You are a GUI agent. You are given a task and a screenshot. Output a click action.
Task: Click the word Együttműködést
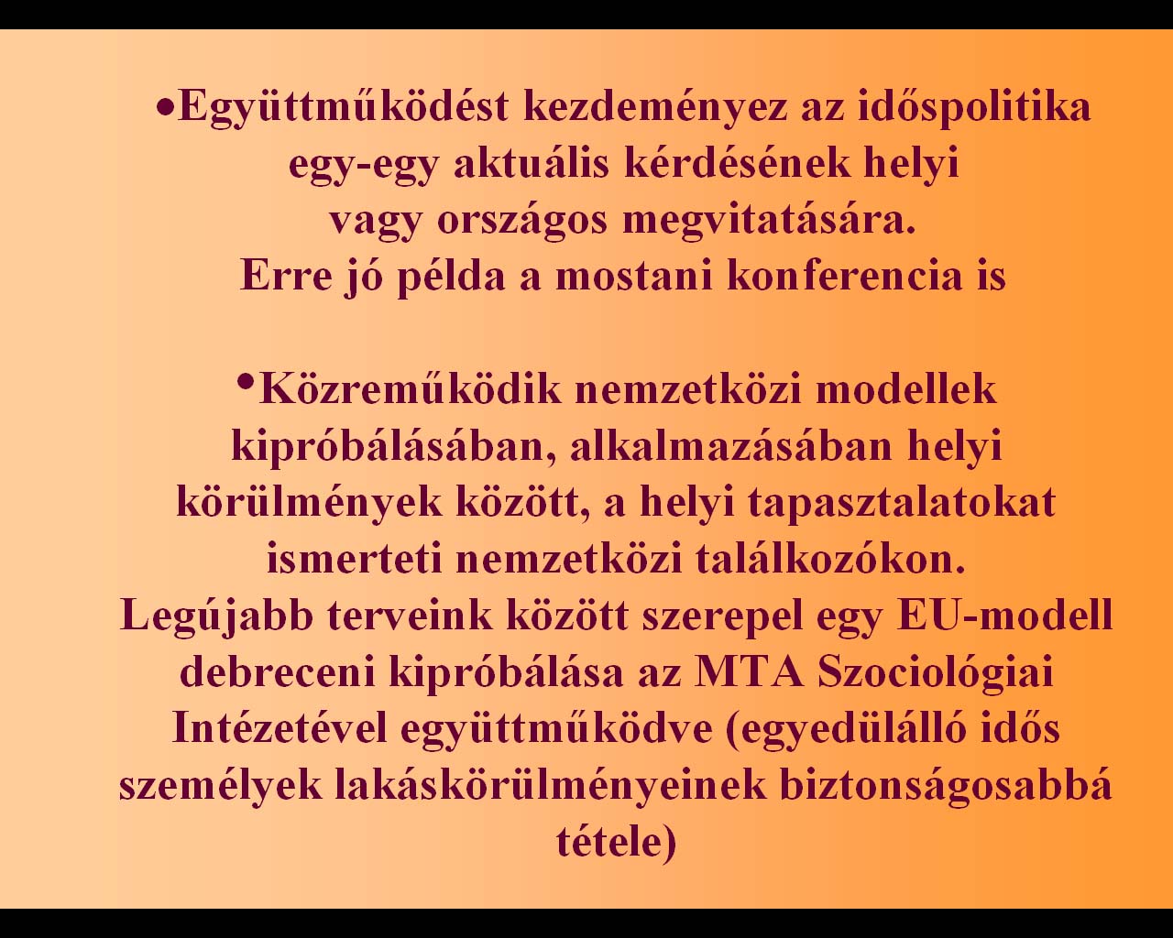pyautogui.click(x=344, y=108)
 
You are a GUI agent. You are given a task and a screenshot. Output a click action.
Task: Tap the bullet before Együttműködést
pyautogui.click(x=165, y=108)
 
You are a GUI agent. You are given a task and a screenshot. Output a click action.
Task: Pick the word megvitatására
pyautogui.click(x=769, y=223)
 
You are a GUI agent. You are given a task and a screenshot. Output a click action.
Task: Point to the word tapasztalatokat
pyautogui.click(x=902, y=504)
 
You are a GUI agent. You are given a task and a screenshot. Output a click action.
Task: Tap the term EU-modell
pyautogui.click(x=1004, y=615)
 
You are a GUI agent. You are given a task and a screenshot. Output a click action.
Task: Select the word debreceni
pyautogui.click(x=278, y=671)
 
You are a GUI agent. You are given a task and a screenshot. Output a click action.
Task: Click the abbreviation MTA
pyautogui.click(x=750, y=671)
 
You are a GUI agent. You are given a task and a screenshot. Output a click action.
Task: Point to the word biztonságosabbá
pyautogui.click(x=946, y=786)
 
